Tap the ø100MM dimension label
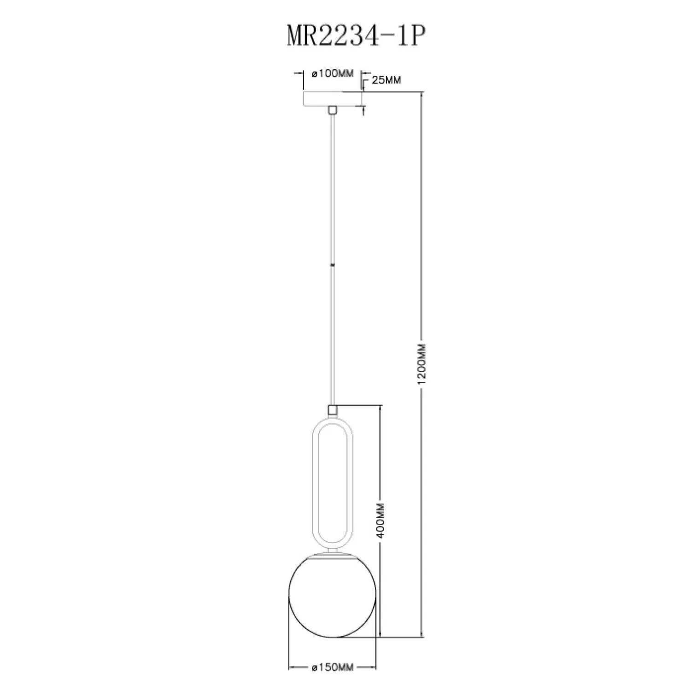[x=332, y=74]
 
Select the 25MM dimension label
[x=386, y=80]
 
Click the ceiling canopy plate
[x=332, y=99]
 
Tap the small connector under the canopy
[x=332, y=110]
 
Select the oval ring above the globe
[x=312, y=479]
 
